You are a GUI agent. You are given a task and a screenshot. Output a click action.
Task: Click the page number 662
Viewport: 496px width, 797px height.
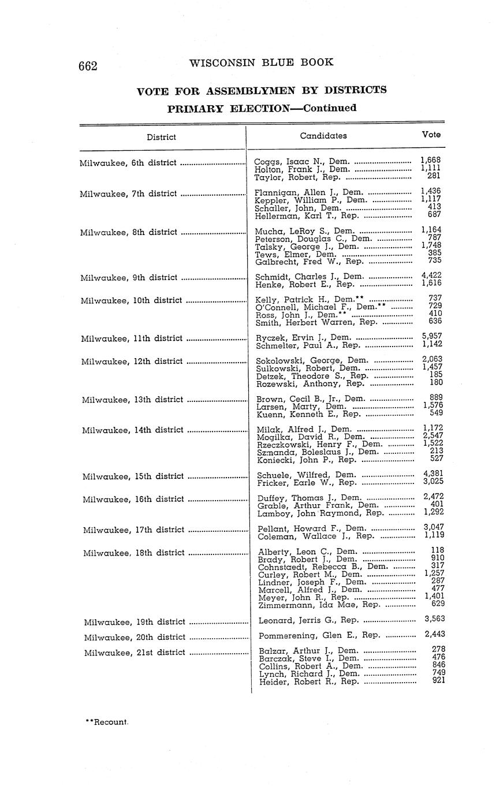pos(88,65)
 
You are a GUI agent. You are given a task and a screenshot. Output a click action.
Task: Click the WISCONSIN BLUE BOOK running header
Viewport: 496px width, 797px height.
pos(261,63)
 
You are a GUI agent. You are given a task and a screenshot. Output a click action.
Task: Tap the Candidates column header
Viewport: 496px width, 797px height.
pos(323,136)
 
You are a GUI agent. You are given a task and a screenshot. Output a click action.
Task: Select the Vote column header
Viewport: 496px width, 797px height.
pos(431,135)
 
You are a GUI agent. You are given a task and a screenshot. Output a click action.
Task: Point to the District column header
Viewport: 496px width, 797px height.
pos(161,137)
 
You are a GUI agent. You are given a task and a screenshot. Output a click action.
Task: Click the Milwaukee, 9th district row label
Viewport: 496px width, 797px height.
pos(129,278)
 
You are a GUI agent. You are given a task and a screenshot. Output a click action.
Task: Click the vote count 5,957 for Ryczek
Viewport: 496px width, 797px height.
pos(432,336)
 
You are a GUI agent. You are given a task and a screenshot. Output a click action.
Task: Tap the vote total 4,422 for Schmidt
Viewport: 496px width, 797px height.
pos(432,275)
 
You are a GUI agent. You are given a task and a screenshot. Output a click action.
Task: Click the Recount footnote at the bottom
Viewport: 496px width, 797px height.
pos(107,722)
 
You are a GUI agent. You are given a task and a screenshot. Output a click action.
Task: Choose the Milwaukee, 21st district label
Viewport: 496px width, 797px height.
pos(135,653)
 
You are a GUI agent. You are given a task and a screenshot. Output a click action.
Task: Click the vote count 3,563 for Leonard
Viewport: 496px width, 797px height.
pos(434,619)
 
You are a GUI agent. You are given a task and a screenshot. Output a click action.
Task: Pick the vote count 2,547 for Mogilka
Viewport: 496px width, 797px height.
pos(433,435)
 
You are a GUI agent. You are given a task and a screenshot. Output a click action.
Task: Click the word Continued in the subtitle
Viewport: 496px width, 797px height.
pos(330,108)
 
